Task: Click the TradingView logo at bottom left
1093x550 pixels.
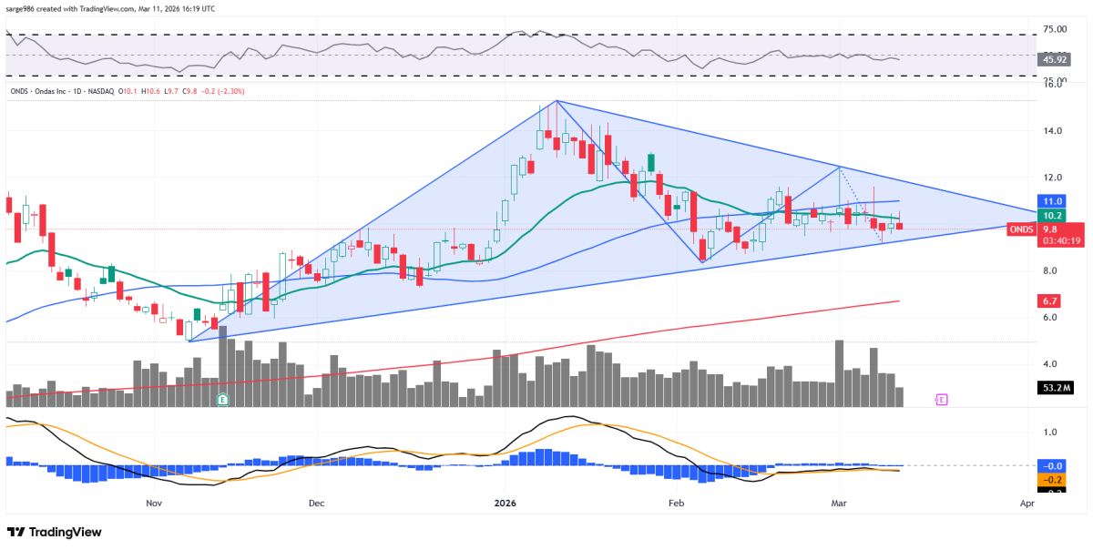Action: pyautogui.click(x=55, y=532)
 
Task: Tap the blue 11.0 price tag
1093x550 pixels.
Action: pyautogui.click(x=1053, y=201)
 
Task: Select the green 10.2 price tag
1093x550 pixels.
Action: pyautogui.click(x=1053, y=216)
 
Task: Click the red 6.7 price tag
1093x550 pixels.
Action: pyautogui.click(x=1053, y=300)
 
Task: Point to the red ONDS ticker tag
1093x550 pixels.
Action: pyautogui.click(x=1021, y=229)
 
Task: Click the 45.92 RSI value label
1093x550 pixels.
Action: pyautogui.click(x=1055, y=59)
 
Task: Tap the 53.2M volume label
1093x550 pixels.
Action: pyautogui.click(x=1056, y=388)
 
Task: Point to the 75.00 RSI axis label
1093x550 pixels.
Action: pyautogui.click(x=1055, y=30)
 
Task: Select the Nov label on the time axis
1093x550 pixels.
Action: pyautogui.click(x=153, y=503)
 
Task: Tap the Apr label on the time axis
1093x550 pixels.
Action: pyautogui.click(x=1027, y=503)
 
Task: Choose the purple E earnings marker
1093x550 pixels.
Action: pyautogui.click(x=942, y=399)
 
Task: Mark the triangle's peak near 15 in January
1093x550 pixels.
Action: pyautogui.click(x=556, y=100)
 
